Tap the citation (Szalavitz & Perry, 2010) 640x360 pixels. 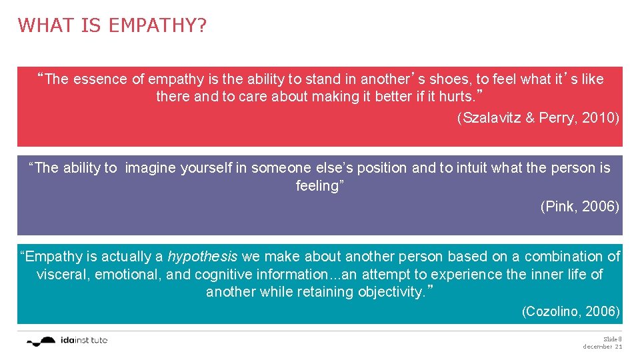click(x=538, y=118)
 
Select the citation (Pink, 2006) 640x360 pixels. click(x=579, y=207)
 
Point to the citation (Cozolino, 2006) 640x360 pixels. click(x=571, y=311)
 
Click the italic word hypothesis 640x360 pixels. click(x=202, y=257)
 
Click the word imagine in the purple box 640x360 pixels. click(x=150, y=168)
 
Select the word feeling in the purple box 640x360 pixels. click(x=317, y=186)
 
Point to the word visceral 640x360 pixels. click(x=63, y=275)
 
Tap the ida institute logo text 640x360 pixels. click(x=83, y=341)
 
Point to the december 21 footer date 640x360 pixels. click(x=603, y=347)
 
